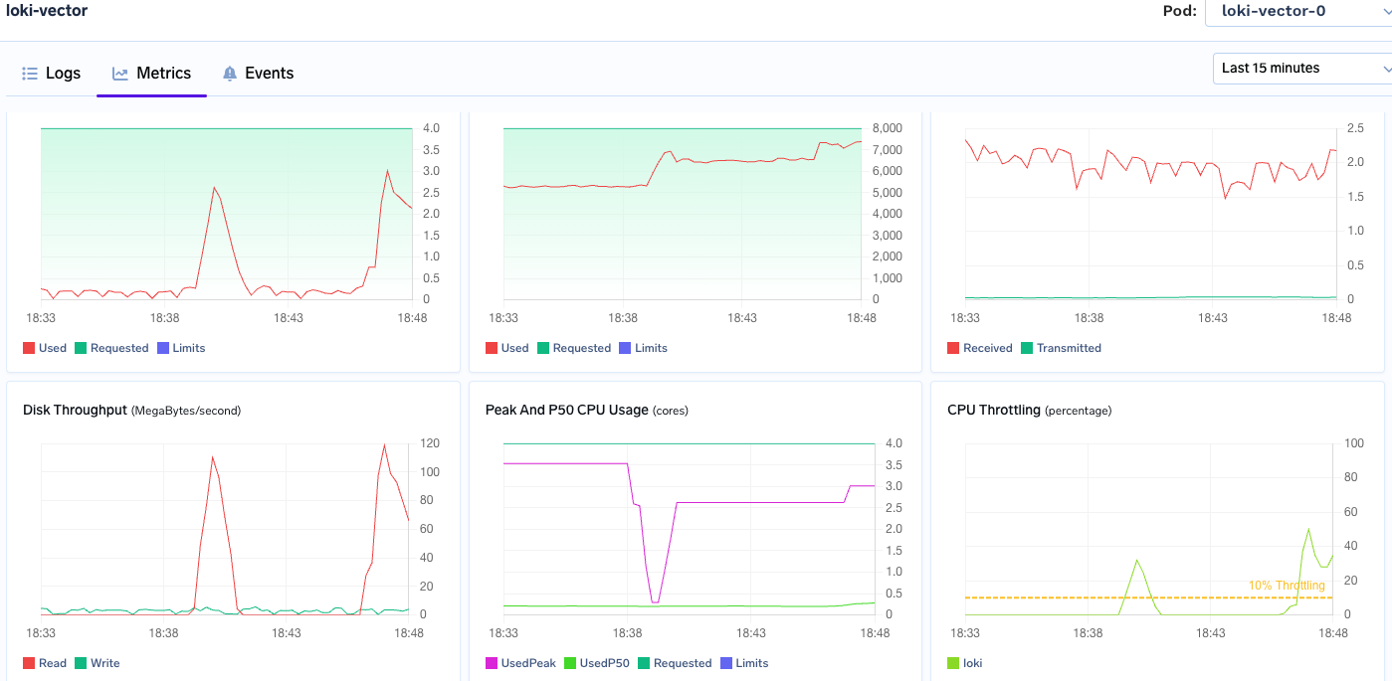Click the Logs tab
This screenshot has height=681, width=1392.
(x=52, y=74)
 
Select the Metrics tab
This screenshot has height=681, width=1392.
(x=152, y=74)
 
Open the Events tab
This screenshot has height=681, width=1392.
(x=258, y=74)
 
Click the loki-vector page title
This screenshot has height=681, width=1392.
(x=47, y=11)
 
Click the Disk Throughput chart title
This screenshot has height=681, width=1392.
(x=75, y=410)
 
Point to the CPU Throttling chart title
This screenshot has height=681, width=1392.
(x=994, y=410)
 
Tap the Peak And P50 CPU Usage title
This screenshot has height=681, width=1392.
(x=566, y=410)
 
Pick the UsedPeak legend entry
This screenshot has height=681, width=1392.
(x=520, y=663)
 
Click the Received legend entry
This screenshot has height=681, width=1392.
(x=980, y=348)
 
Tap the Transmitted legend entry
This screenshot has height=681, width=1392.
(x=1061, y=348)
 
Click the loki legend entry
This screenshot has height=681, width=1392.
(x=964, y=663)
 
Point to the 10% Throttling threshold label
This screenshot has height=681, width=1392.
(x=1287, y=586)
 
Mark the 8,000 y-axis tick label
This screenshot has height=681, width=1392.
(x=887, y=128)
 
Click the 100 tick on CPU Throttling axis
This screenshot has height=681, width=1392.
(x=1353, y=443)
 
